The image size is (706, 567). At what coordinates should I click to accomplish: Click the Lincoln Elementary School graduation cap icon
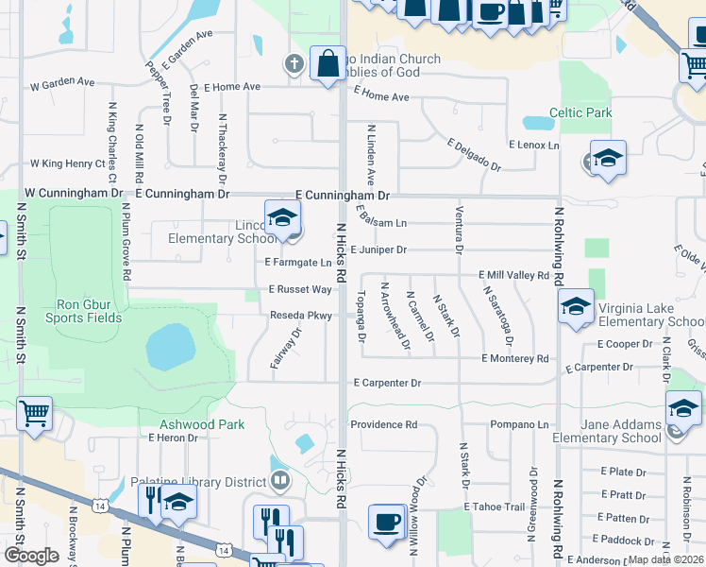[281, 217]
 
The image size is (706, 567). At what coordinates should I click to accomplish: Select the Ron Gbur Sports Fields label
[89, 311]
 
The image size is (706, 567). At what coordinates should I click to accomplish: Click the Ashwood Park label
[201, 424]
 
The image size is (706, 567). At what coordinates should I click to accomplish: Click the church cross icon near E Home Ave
[294, 64]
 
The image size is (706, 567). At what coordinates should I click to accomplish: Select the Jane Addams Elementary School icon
[683, 408]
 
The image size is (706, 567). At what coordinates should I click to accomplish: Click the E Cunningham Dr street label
[343, 194]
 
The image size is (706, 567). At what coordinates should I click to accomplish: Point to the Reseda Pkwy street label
[299, 316]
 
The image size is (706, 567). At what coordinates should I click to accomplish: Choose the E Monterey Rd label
[514, 359]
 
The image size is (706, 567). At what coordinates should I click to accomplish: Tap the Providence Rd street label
[383, 425]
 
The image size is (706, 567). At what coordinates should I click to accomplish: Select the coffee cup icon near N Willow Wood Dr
[387, 522]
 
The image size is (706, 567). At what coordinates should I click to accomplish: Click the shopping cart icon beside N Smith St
[34, 412]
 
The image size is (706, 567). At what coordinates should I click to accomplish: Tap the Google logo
[31, 556]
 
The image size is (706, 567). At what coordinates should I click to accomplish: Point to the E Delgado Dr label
[474, 155]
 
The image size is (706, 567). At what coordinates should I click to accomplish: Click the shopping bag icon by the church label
[328, 64]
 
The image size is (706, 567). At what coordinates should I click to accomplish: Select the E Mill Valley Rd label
[513, 275]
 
